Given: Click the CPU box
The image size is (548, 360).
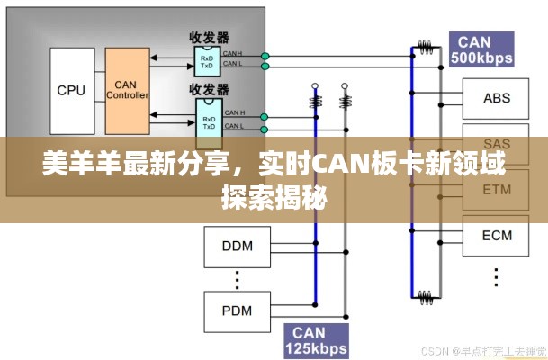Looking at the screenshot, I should point(71,90).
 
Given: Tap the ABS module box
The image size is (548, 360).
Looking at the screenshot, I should point(497,98).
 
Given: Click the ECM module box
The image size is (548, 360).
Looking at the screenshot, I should point(497,236).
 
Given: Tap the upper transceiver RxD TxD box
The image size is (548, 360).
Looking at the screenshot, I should point(207,61).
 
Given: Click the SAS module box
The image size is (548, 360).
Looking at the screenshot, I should point(497,144).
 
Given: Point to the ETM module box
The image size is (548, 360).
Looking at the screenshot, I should point(497,190).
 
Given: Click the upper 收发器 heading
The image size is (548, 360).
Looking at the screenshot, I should point(209,37).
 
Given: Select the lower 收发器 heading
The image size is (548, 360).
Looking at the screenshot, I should point(209,90).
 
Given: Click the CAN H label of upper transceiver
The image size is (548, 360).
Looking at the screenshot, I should point(233,54).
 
